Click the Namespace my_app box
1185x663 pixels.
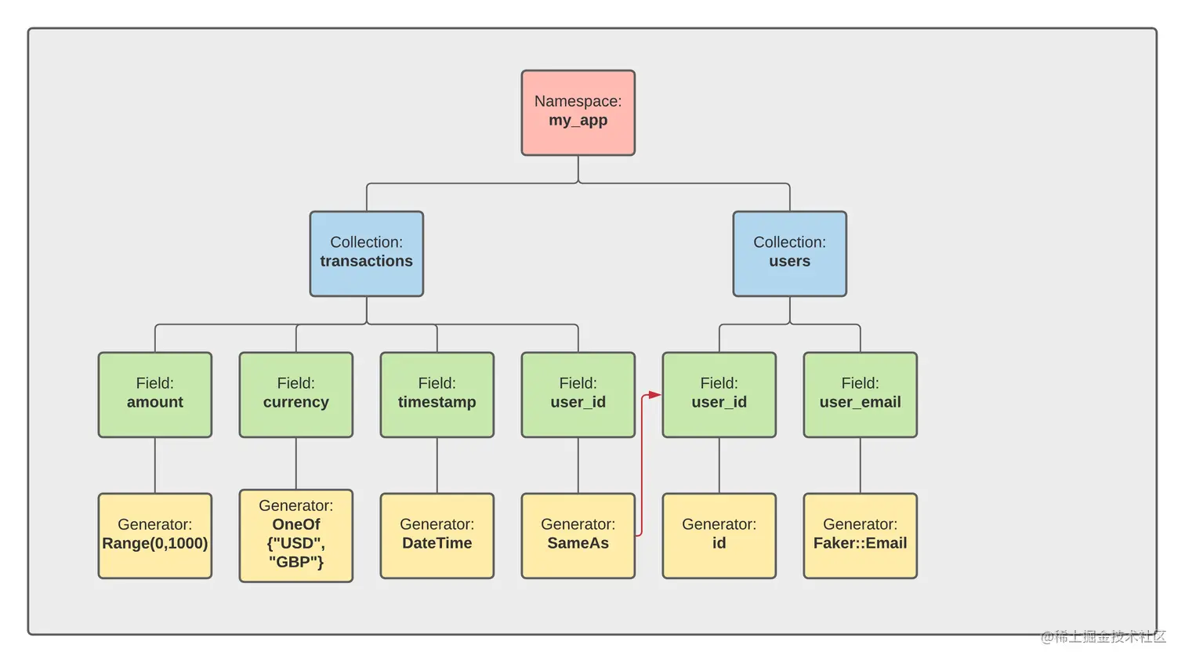click(x=578, y=112)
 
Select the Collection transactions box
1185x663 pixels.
click(x=366, y=253)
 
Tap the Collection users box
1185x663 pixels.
click(x=789, y=253)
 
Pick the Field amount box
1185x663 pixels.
click(x=154, y=394)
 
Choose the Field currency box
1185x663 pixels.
click(x=295, y=394)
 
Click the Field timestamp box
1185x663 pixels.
click(x=437, y=394)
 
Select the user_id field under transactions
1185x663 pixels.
click(x=578, y=394)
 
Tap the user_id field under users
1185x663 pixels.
click(x=719, y=394)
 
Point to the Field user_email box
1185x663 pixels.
click(x=860, y=394)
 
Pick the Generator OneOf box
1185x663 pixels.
click(x=295, y=535)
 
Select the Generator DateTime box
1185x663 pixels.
click(x=437, y=535)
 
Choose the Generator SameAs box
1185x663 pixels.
click(x=578, y=535)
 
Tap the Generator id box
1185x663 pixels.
click(x=719, y=535)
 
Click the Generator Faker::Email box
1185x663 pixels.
click(x=860, y=535)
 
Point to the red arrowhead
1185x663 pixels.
click(x=655, y=395)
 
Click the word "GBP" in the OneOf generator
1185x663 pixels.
click(x=295, y=562)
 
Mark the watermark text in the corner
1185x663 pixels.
click(x=1103, y=636)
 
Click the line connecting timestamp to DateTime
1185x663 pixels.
click(x=437, y=465)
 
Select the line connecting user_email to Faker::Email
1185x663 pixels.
click(x=861, y=465)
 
